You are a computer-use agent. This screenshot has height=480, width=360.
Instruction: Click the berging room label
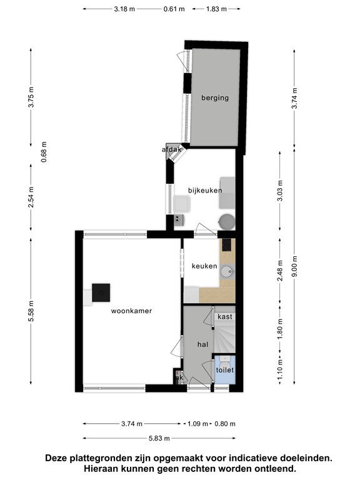point(215,98)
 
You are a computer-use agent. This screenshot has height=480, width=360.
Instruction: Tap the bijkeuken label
point(205,191)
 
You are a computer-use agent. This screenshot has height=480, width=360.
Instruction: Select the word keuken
point(204,266)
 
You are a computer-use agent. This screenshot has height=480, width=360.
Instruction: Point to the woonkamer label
point(131,311)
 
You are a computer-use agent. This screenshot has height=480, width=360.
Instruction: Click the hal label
point(202,344)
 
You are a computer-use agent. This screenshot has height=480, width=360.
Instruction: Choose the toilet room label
point(225,370)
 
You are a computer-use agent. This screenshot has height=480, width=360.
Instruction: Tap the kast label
point(225,316)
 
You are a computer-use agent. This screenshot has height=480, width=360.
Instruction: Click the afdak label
point(172,150)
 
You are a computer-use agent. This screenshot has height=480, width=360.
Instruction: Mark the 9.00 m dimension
point(294,266)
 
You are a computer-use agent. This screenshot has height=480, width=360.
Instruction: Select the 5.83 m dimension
point(159,438)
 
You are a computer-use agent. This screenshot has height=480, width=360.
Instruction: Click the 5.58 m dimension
point(31,311)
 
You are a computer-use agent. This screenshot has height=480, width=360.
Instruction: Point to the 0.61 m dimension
point(174,9)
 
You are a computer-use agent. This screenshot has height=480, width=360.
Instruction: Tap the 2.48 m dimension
point(280,270)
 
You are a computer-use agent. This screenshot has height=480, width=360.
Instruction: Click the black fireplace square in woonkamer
point(101,292)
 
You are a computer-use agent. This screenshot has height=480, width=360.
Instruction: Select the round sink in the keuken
point(227,271)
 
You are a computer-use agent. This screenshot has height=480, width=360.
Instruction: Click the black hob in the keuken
point(227,245)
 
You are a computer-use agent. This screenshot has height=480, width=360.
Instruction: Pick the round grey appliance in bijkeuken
point(227,222)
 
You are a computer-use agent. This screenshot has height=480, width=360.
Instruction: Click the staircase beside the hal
point(225,336)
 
